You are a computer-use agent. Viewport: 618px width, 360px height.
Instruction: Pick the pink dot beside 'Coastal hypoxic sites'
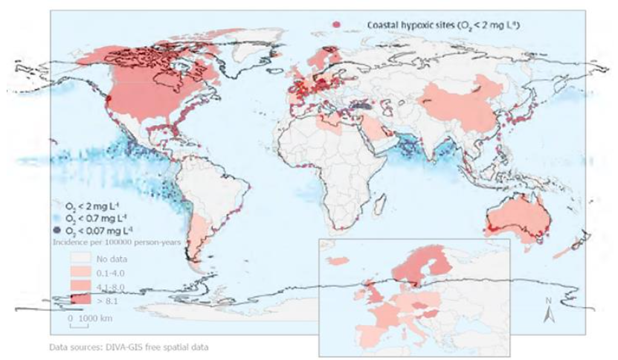pyautogui.click(x=335, y=25)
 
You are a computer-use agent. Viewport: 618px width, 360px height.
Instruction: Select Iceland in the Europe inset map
pyautogui.click(x=339, y=260)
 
